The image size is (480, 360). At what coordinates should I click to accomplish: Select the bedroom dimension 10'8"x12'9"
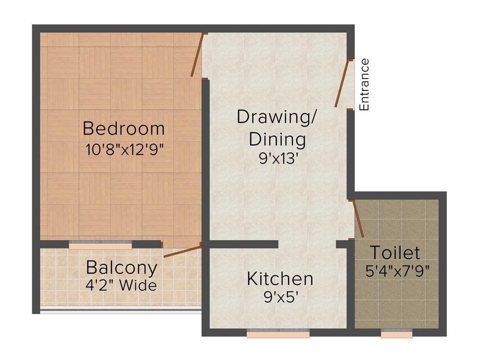point(124,150)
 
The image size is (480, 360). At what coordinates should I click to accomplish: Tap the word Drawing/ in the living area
point(276,117)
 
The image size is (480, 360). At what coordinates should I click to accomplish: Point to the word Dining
point(277,139)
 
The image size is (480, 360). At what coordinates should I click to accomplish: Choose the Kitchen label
point(280,279)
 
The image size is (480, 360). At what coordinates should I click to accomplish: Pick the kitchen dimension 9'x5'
point(280,297)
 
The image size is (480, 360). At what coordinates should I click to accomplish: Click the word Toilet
point(395,253)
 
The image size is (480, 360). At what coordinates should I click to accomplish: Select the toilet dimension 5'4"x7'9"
point(398,271)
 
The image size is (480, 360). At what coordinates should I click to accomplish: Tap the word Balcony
point(121,268)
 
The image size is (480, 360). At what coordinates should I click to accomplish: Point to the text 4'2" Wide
point(121,285)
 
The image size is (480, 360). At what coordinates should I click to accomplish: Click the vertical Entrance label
point(364,85)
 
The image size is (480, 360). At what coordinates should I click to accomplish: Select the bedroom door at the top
point(197,55)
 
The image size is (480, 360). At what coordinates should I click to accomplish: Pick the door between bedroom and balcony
point(182,251)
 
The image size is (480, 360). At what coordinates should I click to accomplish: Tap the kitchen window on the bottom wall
point(278,334)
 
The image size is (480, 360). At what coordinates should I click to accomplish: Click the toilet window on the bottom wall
point(397,334)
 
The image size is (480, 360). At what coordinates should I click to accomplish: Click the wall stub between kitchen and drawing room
point(244,244)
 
